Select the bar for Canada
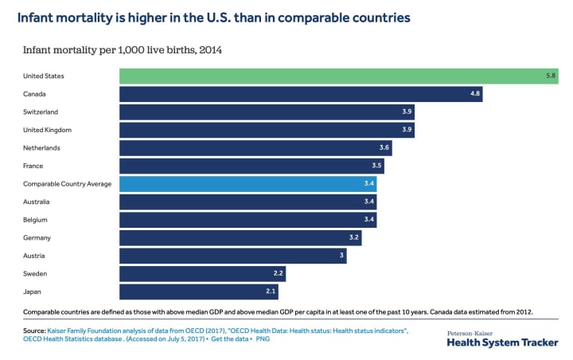pos(301,94)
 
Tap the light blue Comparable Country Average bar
pos(248,184)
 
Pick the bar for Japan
pos(199,292)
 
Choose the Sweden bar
pos(201,274)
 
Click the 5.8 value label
pos(550,76)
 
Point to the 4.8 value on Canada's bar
pos(474,94)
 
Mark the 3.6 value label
pos(384,148)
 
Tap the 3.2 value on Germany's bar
pos(353,238)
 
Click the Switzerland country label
pos(41,112)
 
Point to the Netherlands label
pos(41,148)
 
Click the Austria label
pos(34,256)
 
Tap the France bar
pos(251,166)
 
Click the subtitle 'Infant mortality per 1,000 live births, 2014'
pos(122,50)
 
